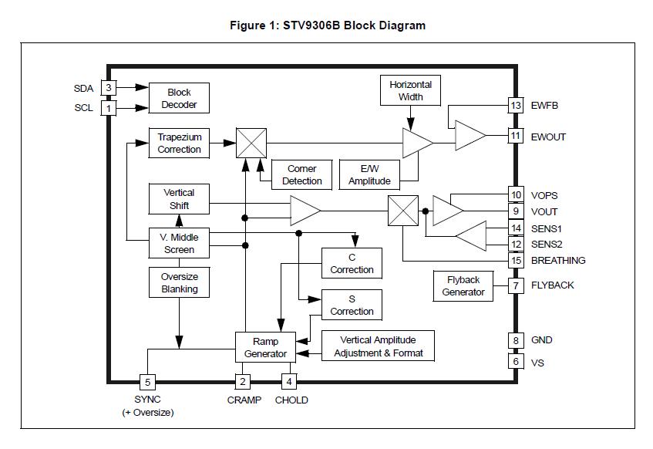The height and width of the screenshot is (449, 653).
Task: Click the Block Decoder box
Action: (x=179, y=98)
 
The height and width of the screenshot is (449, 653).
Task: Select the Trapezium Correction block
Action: (x=179, y=143)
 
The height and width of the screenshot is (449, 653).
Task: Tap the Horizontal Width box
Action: (x=410, y=90)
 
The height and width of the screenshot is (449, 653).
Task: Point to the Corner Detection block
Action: (x=301, y=174)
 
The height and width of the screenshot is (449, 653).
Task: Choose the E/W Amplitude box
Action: (x=369, y=174)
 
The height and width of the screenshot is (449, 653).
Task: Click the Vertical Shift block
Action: (x=179, y=199)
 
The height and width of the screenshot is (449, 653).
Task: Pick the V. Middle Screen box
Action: (x=179, y=244)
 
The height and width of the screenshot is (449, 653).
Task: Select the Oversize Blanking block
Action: (x=179, y=282)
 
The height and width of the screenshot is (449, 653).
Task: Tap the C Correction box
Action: (x=352, y=264)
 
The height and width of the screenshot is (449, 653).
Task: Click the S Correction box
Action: (x=352, y=306)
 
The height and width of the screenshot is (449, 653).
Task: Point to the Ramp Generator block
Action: (x=265, y=347)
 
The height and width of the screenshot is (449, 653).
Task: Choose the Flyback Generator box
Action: (x=463, y=285)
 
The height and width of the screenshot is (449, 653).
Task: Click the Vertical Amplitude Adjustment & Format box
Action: (x=378, y=346)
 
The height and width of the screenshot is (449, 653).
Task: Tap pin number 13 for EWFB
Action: (x=516, y=106)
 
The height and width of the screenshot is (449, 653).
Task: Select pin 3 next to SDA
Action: (x=109, y=88)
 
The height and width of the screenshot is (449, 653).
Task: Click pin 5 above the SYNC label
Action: (x=146, y=381)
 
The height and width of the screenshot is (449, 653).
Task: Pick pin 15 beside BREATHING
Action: (x=516, y=260)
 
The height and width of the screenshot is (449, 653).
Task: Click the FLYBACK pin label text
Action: (x=552, y=285)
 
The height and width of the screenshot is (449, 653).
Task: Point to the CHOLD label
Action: (x=291, y=400)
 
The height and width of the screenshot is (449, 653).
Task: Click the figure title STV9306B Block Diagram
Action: (x=328, y=25)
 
